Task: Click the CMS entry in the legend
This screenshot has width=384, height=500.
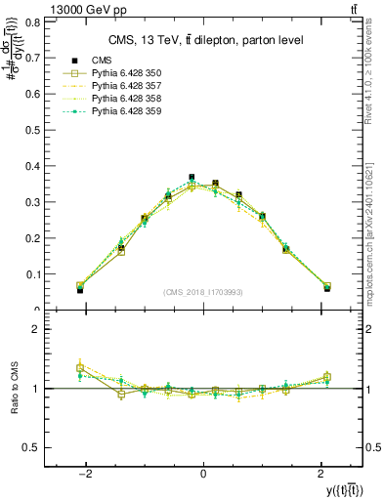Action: (x=103, y=61)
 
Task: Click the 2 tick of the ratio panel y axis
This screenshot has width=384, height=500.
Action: (x=37, y=330)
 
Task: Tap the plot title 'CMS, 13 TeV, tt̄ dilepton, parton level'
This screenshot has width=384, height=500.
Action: (x=204, y=40)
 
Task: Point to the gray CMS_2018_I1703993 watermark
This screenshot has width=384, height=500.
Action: (x=203, y=292)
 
